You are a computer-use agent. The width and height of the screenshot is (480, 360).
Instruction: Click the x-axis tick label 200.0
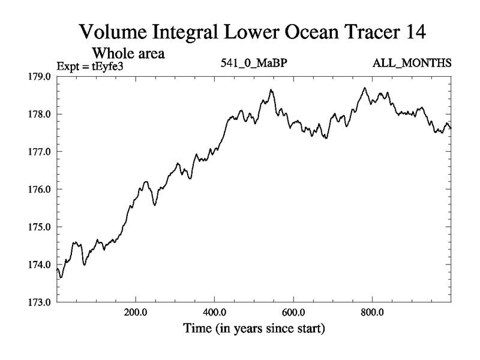pos(136,313)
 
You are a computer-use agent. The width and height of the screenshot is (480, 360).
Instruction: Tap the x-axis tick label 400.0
pos(214,313)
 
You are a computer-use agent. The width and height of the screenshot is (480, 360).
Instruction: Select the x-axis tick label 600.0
pos(293,313)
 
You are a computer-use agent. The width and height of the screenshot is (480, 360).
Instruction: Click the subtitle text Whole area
pos(128,53)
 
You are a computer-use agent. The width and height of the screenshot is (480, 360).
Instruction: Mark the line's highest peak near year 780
pos(364,88)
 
